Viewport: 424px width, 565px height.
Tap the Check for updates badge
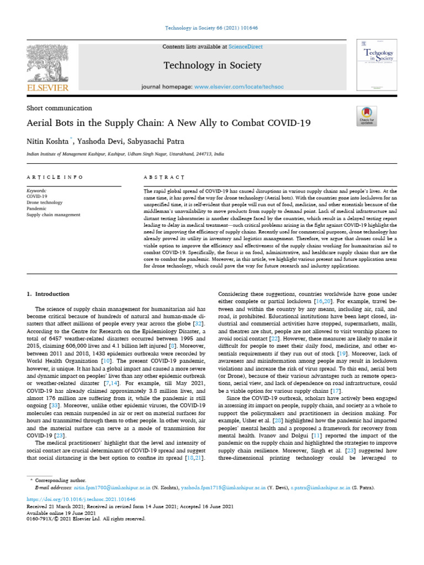[x=367, y=115]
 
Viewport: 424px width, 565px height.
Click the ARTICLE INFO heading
[x=55, y=177]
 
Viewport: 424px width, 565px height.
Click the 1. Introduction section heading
[x=49, y=294]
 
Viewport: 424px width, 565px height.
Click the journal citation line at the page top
[x=212, y=28]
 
